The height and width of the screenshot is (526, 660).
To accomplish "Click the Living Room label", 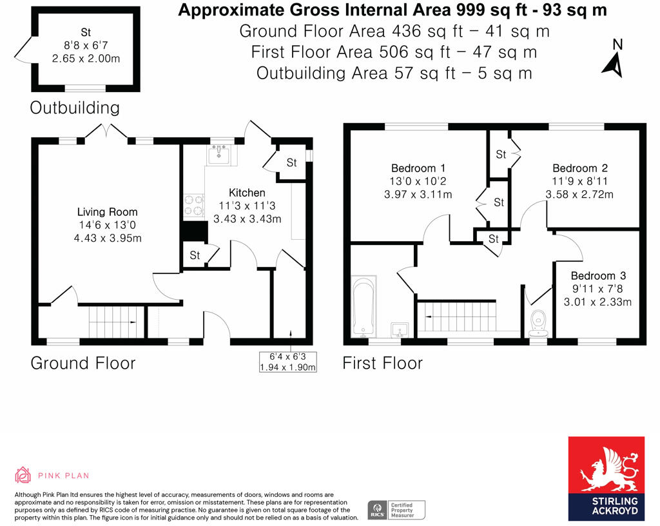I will [107, 212].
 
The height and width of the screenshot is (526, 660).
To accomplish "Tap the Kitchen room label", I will [247, 193].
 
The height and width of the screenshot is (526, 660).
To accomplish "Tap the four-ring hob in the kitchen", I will [193, 205].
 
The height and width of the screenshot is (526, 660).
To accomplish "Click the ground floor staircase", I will [114, 322].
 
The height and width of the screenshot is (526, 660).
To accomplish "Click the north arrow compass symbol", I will [614, 59].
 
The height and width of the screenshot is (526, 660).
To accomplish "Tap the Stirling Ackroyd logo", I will [606, 478].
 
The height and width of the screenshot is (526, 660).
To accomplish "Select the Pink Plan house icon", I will [23, 476].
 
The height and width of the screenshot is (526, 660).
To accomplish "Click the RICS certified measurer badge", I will [397, 510].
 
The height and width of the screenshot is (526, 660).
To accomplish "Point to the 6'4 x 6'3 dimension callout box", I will [287, 362].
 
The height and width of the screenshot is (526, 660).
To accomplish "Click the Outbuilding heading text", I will [75, 108].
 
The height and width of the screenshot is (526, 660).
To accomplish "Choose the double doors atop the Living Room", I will [106, 130].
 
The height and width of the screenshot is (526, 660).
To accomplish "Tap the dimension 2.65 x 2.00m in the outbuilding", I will [86, 58].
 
